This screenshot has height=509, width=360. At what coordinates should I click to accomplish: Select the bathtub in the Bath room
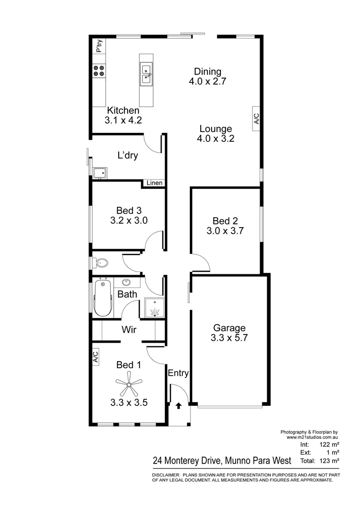(102, 299)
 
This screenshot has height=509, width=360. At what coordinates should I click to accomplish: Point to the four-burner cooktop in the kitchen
(99, 71)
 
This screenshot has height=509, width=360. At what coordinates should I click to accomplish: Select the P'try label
(99, 46)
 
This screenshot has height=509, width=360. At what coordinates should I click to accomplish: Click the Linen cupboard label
(154, 183)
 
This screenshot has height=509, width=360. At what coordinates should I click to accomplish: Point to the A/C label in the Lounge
(256, 118)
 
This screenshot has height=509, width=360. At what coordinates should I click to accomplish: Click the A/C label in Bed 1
(95, 357)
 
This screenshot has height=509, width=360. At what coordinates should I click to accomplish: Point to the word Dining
(208, 72)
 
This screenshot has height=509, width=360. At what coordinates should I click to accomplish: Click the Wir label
(129, 330)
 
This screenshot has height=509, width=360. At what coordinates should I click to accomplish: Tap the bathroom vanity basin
(126, 283)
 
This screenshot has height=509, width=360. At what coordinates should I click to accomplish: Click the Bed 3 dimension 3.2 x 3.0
(129, 220)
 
